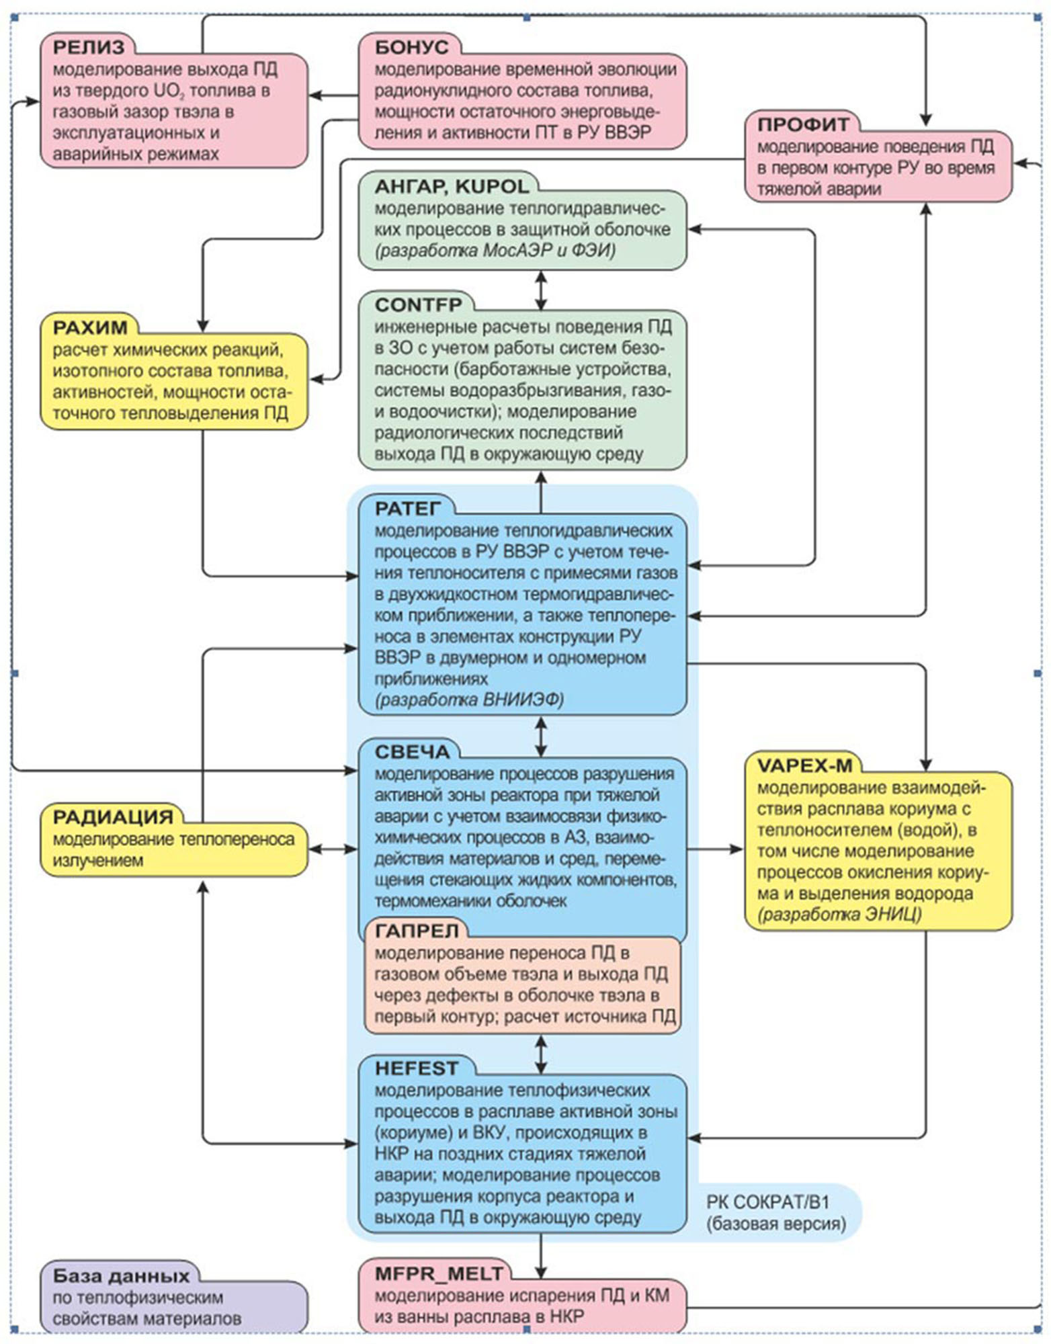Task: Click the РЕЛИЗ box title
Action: [89, 47]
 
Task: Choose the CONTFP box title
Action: [419, 305]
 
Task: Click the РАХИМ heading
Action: [90, 328]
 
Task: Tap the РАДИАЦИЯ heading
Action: [113, 817]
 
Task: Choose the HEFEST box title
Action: [417, 1068]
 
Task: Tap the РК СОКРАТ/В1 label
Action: [767, 1202]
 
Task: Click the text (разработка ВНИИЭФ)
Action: [469, 700]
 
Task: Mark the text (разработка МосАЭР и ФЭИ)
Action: [495, 251]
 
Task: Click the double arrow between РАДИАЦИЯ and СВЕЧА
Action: [333, 849]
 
